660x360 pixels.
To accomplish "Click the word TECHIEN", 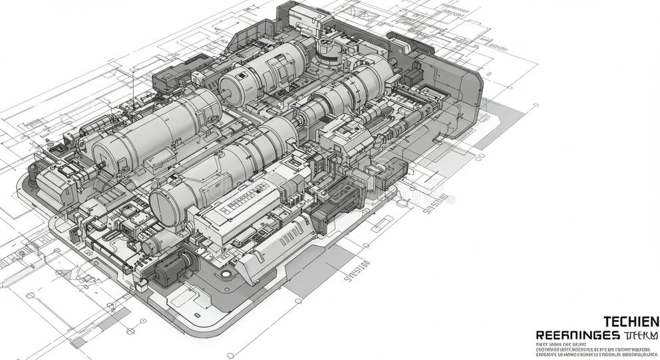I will (630, 321).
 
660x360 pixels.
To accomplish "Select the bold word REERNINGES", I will (577, 335).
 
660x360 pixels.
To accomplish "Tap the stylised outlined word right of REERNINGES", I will (641, 335).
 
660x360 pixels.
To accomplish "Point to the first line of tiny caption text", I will (560, 344).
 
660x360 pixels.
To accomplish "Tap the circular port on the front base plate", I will (226, 273).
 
